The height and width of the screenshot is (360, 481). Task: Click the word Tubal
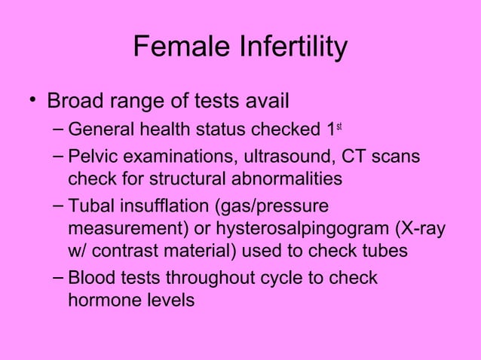coord(89,208)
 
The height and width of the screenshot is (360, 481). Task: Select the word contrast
coord(135,250)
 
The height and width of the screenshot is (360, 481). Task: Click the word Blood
coord(89,279)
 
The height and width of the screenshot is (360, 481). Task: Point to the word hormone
coord(101,300)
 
